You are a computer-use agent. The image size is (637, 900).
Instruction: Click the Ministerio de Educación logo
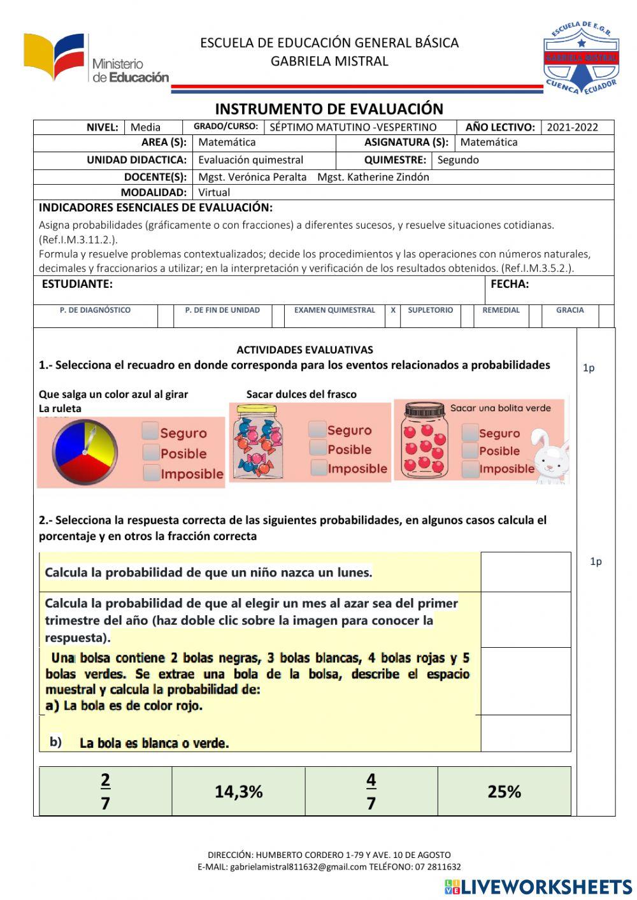(x=96, y=59)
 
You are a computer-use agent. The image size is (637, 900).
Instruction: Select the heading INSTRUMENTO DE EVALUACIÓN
(x=329, y=109)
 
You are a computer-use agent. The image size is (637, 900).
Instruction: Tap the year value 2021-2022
(x=572, y=127)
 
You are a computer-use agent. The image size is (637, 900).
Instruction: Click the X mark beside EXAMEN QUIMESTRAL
(x=393, y=310)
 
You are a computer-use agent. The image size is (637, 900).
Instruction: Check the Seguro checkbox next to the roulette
(x=151, y=431)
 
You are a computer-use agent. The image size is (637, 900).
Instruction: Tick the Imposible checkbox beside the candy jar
(x=319, y=468)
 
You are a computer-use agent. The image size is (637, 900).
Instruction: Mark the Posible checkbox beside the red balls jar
(x=470, y=451)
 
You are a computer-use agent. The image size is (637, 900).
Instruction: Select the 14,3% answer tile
(x=238, y=792)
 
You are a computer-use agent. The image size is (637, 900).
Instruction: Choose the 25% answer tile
(x=504, y=792)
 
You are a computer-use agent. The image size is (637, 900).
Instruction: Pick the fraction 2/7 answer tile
(x=105, y=792)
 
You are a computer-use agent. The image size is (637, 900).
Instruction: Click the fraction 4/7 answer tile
(x=371, y=792)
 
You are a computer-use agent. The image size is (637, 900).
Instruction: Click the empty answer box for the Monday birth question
(x=526, y=572)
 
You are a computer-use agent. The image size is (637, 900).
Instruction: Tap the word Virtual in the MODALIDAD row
(x=214, y=192)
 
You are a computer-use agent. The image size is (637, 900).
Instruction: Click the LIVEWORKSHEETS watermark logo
(x=538, y=887)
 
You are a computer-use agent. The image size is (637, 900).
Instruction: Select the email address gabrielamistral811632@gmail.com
(x=298, y=867)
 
